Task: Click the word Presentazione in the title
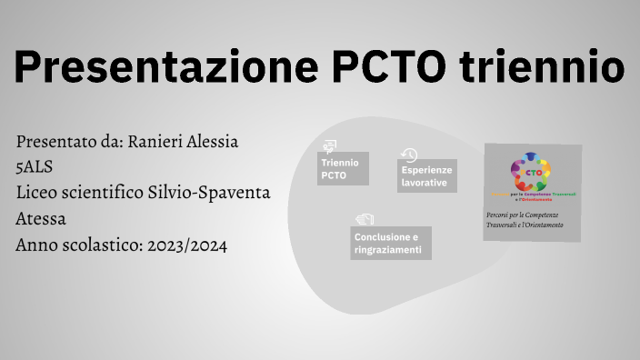click(x=160, y=68)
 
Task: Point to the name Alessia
click(x=214, y=142)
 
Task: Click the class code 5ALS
click(x=35, y=167)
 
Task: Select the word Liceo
click(x=37, y=193)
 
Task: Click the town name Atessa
click(x=41, y=219)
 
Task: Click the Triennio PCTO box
click(x=343, y=169)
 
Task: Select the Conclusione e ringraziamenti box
click(x=391, y=244)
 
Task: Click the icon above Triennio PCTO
click(x=329, y=145)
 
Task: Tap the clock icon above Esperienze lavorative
click(x=409, y=155)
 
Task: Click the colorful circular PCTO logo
click(x=533, y=175)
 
